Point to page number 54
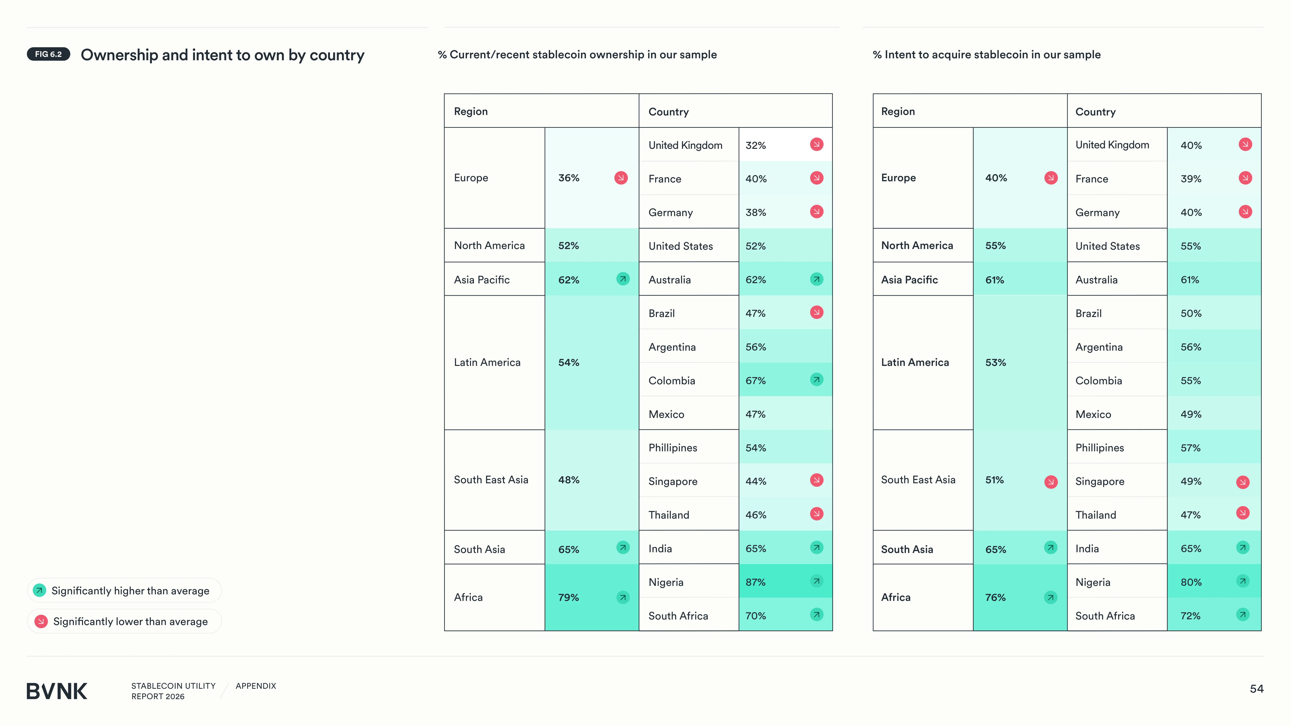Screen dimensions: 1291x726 pos(1256,689)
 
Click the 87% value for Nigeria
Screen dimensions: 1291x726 pos(755,582)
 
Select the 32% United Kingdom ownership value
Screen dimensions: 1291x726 pos(755,145)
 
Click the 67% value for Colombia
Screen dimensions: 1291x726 pos(755,381)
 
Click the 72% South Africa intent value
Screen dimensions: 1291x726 pos(1190,616)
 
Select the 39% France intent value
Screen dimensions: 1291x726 pos(1191,179)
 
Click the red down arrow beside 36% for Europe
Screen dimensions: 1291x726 pos(621,178)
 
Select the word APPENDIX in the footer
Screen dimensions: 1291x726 pos(256,686)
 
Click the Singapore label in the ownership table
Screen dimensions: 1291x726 pos(673,482)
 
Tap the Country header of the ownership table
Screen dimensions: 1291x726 pos(668,112)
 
